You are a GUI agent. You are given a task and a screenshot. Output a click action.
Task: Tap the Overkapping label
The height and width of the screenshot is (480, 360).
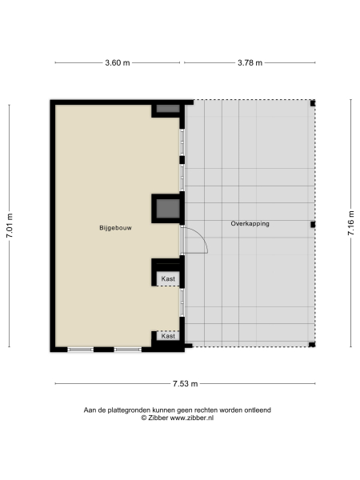(250, 224)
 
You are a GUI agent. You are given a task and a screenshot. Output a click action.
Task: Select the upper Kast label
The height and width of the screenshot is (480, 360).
(167, 278)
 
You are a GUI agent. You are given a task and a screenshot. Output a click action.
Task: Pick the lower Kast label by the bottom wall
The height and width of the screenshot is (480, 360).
(167, 336)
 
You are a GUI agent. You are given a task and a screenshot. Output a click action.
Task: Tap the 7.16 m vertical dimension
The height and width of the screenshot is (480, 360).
(350, 226)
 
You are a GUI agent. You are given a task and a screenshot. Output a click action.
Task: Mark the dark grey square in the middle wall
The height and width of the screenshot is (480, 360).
(166, 209)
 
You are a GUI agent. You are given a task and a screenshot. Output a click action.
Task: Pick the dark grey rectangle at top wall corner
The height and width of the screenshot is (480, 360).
(167, 108)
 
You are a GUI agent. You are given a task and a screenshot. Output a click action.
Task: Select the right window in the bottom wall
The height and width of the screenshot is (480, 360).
(127, 349)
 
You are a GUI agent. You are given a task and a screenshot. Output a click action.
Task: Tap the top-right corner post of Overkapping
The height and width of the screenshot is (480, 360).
(313, 103)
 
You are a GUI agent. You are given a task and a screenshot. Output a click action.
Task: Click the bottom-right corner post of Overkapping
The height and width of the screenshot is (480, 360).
(313, 346)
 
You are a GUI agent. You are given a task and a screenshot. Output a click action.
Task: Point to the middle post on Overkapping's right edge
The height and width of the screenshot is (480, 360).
(314, 225)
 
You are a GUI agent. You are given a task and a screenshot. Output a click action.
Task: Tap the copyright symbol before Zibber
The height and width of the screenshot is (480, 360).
(144, 418)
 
